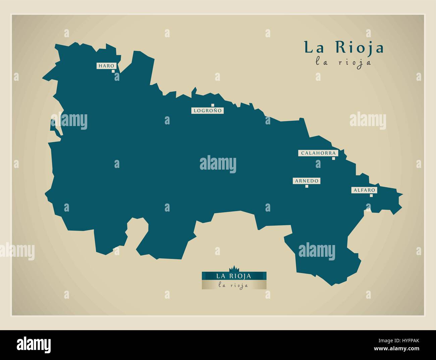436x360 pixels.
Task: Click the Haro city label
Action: [x=106, y=66]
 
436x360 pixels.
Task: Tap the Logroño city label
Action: [x=207, y=110]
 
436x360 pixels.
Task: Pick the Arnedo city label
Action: [x=306, y=181]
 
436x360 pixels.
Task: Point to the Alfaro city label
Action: [x=364, y=190]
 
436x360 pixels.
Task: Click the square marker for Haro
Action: [x=113, y=71]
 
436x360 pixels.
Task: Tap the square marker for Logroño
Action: [x=212, y=105]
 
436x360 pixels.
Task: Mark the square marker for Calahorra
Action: [x=333, y=159]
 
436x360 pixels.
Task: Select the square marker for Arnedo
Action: [x=307, y=186]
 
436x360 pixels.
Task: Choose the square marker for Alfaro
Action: [x=371, y=195]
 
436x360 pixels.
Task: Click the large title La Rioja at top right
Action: [x=344, y=48]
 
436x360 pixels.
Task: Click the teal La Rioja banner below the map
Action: [x=234, y=276]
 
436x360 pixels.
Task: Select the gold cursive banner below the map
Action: [x=234, y=285]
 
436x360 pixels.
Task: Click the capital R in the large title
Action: [x=339, y=48]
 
